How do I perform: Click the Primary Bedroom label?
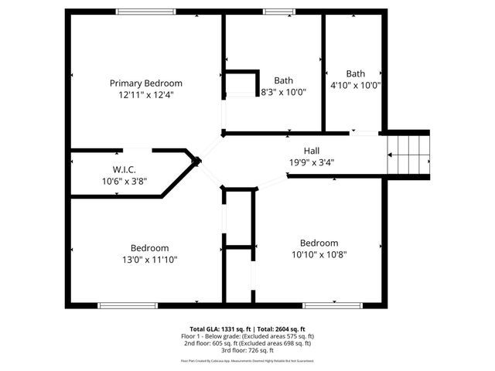145,83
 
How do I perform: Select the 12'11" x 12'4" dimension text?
145,95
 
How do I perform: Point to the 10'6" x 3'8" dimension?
124,182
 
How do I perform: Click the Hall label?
312,151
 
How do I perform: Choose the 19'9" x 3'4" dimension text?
312,162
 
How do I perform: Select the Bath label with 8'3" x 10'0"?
284,80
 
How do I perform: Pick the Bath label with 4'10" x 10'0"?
356,74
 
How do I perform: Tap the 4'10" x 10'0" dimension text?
356,85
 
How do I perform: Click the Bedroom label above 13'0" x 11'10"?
149,248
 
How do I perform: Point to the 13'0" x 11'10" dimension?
149,260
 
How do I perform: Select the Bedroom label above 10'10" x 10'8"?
319,243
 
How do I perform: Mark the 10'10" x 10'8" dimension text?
319,254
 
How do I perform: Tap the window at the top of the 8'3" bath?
274,12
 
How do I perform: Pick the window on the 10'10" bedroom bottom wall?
332,305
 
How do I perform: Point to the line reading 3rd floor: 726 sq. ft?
247,350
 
